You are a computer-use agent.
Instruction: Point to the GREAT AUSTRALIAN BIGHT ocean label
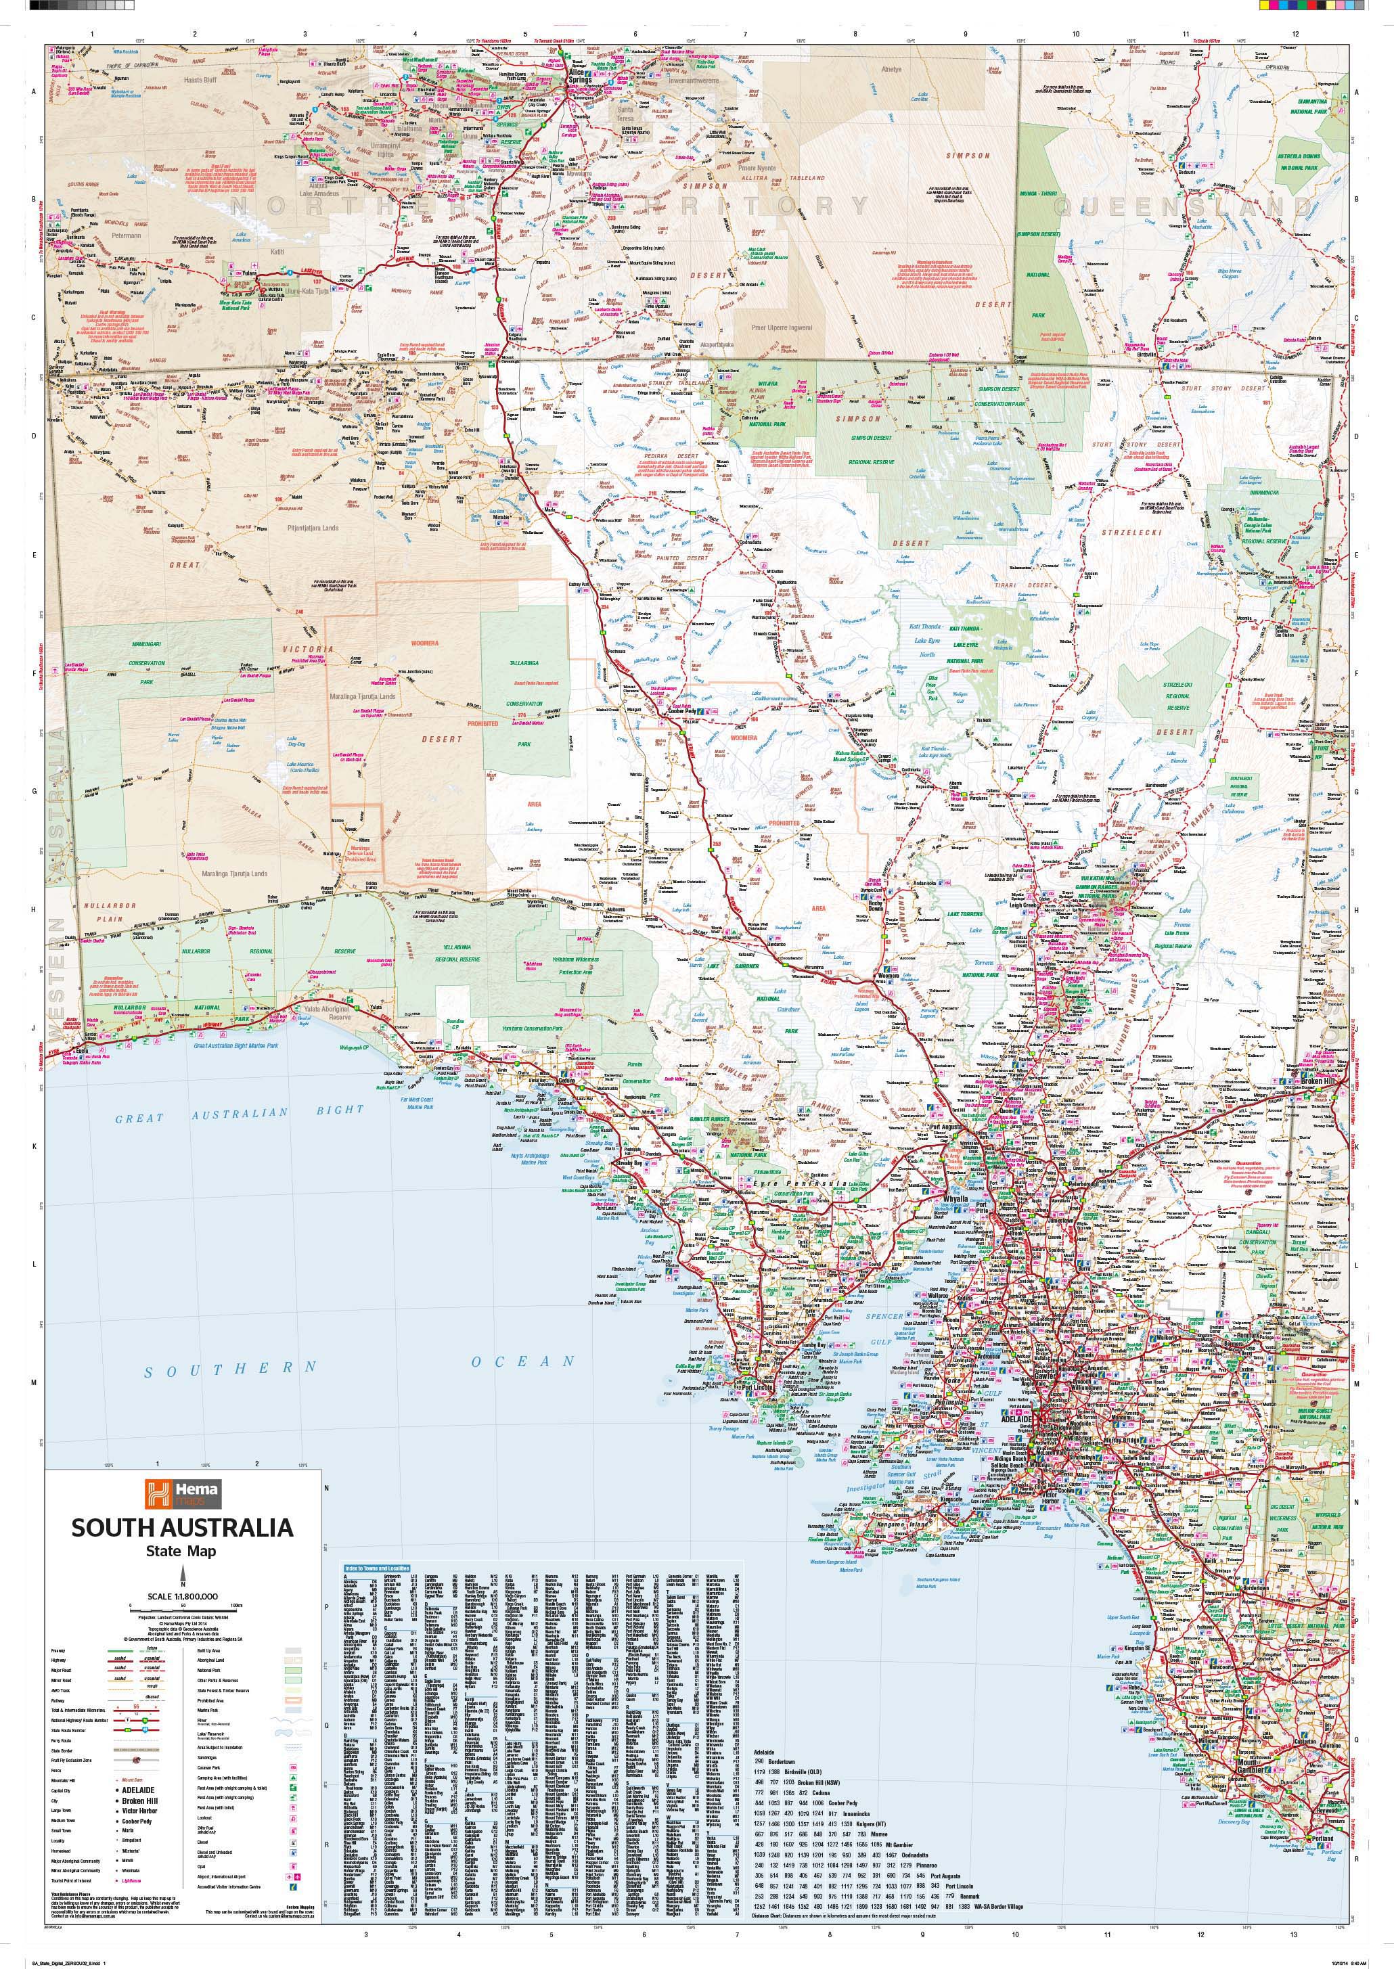(x=240, y=1113)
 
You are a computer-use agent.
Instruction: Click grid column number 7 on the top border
(x=744, y=35)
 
